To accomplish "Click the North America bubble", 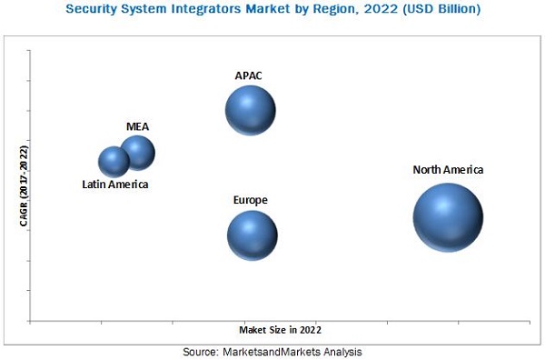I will pos(448,217).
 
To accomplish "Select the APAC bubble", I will pos(251,111).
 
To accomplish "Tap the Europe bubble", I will pos(252,235).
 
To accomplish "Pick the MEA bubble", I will pos(138,153).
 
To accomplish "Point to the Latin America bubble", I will pos(114,162).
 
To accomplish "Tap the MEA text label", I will pos(137,126).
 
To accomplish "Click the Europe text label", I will pos(250,199).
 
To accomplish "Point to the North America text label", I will pos(448,169).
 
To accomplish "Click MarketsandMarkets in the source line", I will pos(275,351).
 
